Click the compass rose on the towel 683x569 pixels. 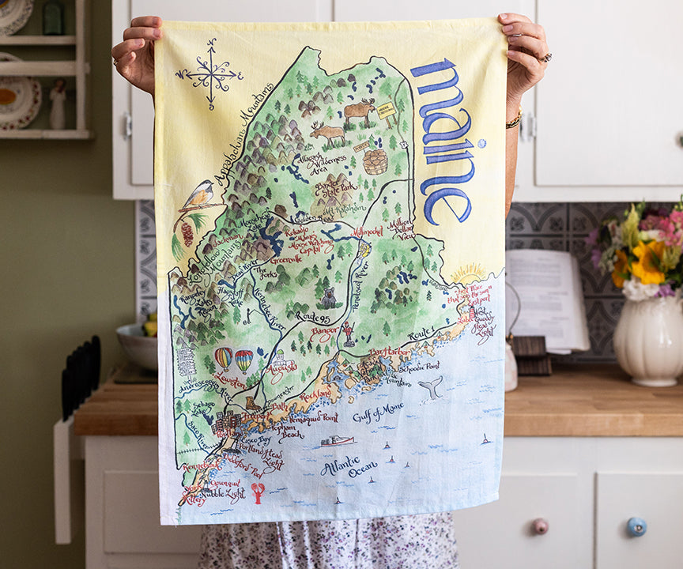(x=209, y=73)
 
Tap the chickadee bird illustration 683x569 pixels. (x=198, y=194)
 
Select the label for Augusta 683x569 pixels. (x=282, y=366)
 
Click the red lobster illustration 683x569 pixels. (x=258, y=492)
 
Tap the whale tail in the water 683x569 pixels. (x=431, y=387)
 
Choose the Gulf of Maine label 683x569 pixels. (x=378, y=411)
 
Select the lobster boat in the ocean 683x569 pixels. (x=338, y=440)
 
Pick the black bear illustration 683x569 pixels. (x=328, y=298)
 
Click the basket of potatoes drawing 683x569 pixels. (x=375, y=161)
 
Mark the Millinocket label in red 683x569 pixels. (x=367, y=232)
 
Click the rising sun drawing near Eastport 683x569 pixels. (x=468, y=273)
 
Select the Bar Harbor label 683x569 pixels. (x=389, y=351)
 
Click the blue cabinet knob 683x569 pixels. (x=636, y=526)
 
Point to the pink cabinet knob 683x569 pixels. (x=540, y=526)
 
